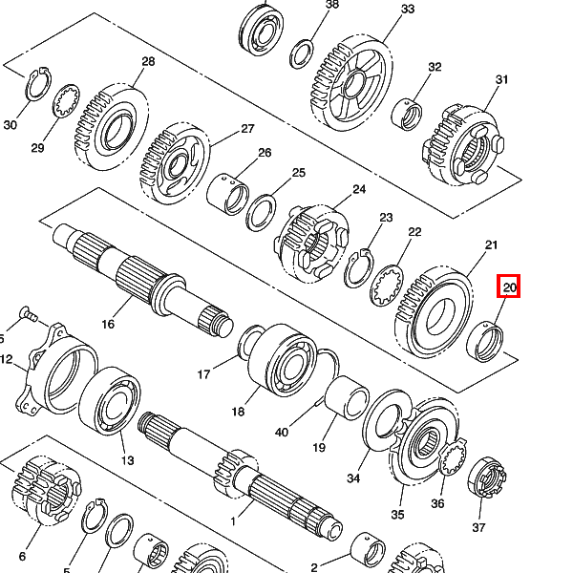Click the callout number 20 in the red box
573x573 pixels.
(509, 287)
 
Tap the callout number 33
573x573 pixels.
(408, 9)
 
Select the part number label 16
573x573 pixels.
(108, 324)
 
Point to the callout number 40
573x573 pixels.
(282, 433)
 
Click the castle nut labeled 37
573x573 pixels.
(487, 477)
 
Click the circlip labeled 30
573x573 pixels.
(38, 84)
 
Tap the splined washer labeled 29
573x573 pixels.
(67, 101)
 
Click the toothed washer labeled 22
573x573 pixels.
(387, 286)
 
